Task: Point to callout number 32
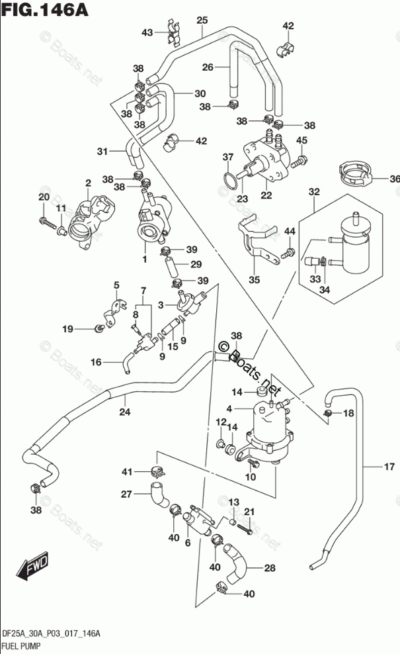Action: [313, 193]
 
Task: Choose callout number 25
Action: [202, 20]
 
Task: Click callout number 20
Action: [44, 198]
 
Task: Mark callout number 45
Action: [301, 140]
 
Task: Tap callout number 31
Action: [102, 152]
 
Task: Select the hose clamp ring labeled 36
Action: [356, 174]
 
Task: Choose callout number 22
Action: [266, 195]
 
